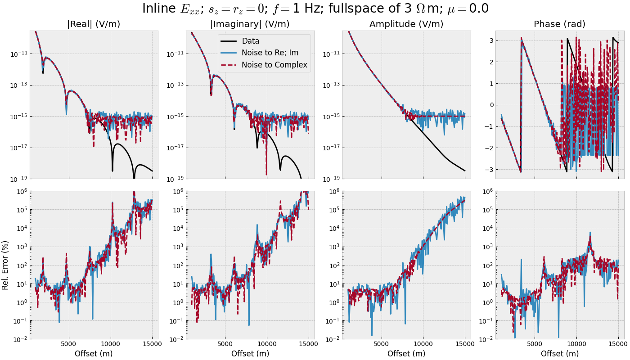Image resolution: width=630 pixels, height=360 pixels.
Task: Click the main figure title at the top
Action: pos(315,9)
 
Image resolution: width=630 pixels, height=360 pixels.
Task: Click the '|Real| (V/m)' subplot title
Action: pos(94,24)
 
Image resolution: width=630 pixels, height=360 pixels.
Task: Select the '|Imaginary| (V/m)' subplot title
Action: pos(250,24)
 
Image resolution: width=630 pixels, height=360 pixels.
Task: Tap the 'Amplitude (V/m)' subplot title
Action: pos(406,24)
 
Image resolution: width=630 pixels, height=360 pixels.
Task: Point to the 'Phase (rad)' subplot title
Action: pos(559,24)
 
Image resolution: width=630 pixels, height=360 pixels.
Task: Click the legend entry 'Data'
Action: pos(250,41)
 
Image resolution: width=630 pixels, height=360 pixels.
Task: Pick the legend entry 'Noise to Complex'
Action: pos(274,65)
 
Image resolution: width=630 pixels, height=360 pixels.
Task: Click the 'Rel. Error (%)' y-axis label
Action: pos(5,265)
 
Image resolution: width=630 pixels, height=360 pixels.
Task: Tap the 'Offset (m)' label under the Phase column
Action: pos(560,354)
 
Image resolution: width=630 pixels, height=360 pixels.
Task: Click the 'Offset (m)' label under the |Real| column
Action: pos(94,354)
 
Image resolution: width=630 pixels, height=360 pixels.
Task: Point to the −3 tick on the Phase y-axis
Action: pos(489,170)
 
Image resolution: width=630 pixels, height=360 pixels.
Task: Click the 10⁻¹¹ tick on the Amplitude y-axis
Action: pos(330,54)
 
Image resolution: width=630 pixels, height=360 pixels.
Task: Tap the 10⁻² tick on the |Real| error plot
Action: pos(19,339)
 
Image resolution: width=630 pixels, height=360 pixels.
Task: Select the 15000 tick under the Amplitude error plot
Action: pos(465,344)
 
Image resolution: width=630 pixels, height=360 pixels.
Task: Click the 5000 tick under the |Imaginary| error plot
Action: pos(225,344)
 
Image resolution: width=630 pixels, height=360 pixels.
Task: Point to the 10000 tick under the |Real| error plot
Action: pos(110,344)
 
